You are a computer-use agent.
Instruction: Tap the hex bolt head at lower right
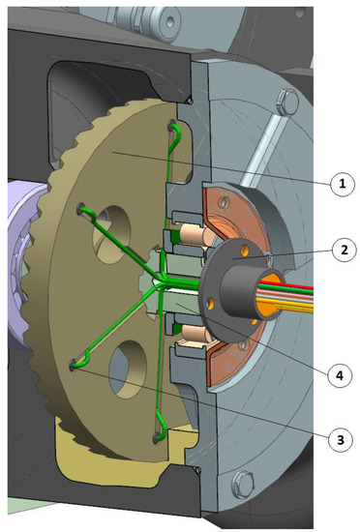click(240, 480)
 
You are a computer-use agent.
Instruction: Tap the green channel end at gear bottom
click(157, 440)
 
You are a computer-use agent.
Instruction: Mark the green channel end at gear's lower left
click(75, 363)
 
